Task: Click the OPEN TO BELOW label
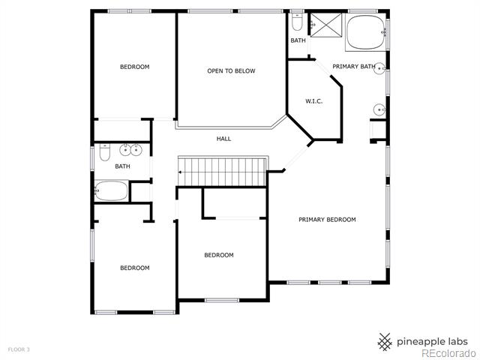[231, 71]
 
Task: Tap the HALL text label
[223, 139]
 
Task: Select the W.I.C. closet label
[313, 101]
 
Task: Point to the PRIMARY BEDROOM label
[327, 220]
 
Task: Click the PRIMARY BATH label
[354, 67]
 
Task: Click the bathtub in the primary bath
[366, 32]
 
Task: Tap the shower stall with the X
[326, 25]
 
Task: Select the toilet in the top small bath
[297, 22]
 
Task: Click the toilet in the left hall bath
[105, 152]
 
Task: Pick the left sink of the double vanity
[125, 150]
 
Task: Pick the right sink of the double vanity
[136, 150]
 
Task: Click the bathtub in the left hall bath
[112, 190]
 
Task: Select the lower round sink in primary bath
[379, 110]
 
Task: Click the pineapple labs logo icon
[385, 342]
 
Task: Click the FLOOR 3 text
[19, 349]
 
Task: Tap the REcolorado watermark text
[448, 354]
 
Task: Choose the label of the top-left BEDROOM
[135, 67]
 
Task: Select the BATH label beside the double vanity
[122, 166]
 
